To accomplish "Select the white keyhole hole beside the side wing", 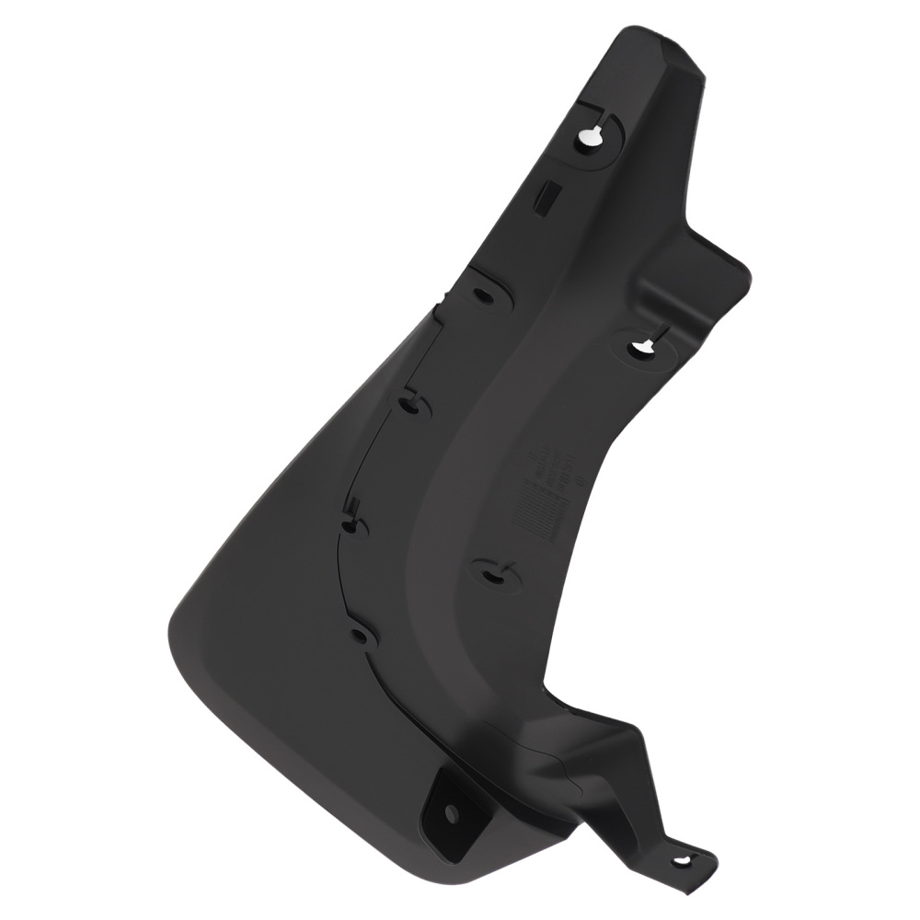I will (x=641, y=348).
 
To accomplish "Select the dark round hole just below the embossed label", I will (x=490, y=577).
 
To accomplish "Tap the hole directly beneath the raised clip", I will (x=350, y=526).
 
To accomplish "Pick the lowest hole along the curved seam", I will (x=360, y=635).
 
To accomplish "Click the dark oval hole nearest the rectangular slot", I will (x=482, y=296).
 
